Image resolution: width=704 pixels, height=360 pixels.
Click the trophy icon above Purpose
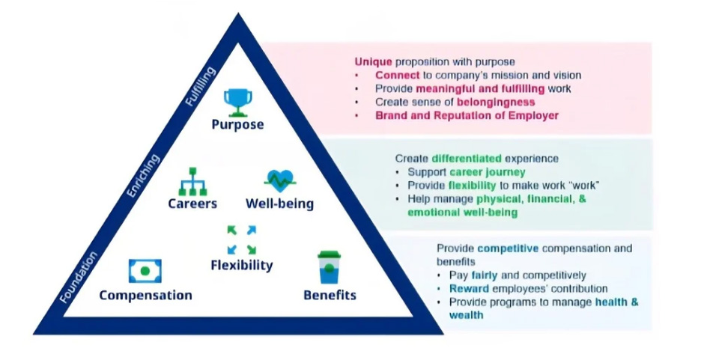[x=238, y=101]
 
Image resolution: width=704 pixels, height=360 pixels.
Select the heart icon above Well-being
[x=280, y=180]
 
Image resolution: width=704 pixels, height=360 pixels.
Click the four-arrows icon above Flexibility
[x=241, y=240]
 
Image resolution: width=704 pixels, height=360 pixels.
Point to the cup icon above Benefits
[x=329, y=267]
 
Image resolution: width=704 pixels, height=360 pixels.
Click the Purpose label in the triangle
[x=238, y=124]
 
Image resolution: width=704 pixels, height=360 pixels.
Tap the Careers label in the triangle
[x=192, y=204]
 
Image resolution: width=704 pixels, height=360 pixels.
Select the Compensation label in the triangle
[x=145, y=295]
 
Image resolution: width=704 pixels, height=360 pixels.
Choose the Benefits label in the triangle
[x=330, y=295]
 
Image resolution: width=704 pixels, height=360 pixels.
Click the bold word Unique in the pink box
[x=372, y=61]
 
